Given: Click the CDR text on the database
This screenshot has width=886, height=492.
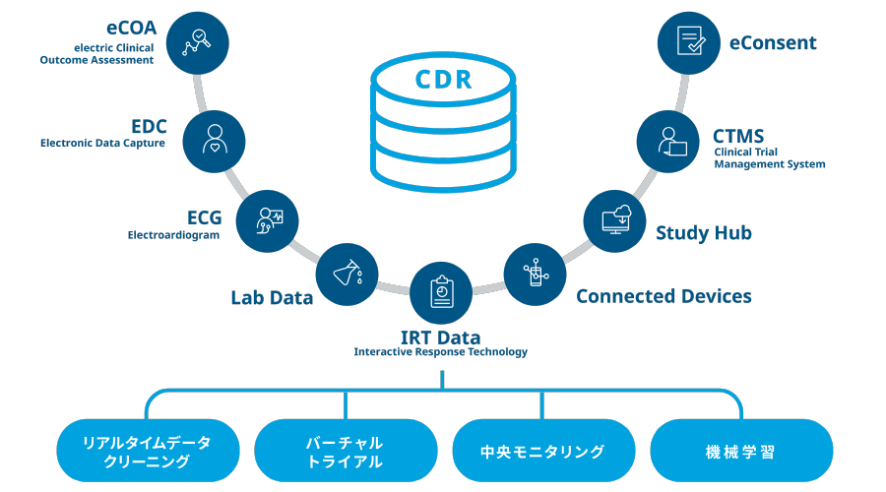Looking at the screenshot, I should pos(442,79).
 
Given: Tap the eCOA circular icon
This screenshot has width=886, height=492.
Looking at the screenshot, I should pos(199,42).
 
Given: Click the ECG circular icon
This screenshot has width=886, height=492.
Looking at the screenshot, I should pos(268,218).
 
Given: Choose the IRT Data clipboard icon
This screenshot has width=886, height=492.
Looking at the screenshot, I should pos(441,292).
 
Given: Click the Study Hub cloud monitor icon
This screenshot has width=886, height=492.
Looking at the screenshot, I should pos(614,218).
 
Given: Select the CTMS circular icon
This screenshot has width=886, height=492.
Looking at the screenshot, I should pos(669,139).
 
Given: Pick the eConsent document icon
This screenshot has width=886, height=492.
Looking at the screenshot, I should pos(687,42).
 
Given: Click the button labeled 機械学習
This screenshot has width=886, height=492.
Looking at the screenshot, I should pos(741,452).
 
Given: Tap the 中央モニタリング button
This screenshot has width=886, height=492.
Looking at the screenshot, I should pos(542,452).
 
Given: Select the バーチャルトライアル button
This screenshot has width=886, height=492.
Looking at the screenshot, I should pos(346,452).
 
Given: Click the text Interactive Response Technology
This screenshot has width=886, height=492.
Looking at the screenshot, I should pos(441,352).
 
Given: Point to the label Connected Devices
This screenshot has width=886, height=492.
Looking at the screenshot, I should pos(664,296).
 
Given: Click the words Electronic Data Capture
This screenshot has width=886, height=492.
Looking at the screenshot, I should pos(102,144).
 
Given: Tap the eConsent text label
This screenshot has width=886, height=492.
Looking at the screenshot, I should pos(773,42).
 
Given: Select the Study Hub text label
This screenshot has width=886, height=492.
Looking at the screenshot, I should pos(704,233).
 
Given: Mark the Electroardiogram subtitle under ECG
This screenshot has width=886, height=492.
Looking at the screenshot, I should pos(173,236).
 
